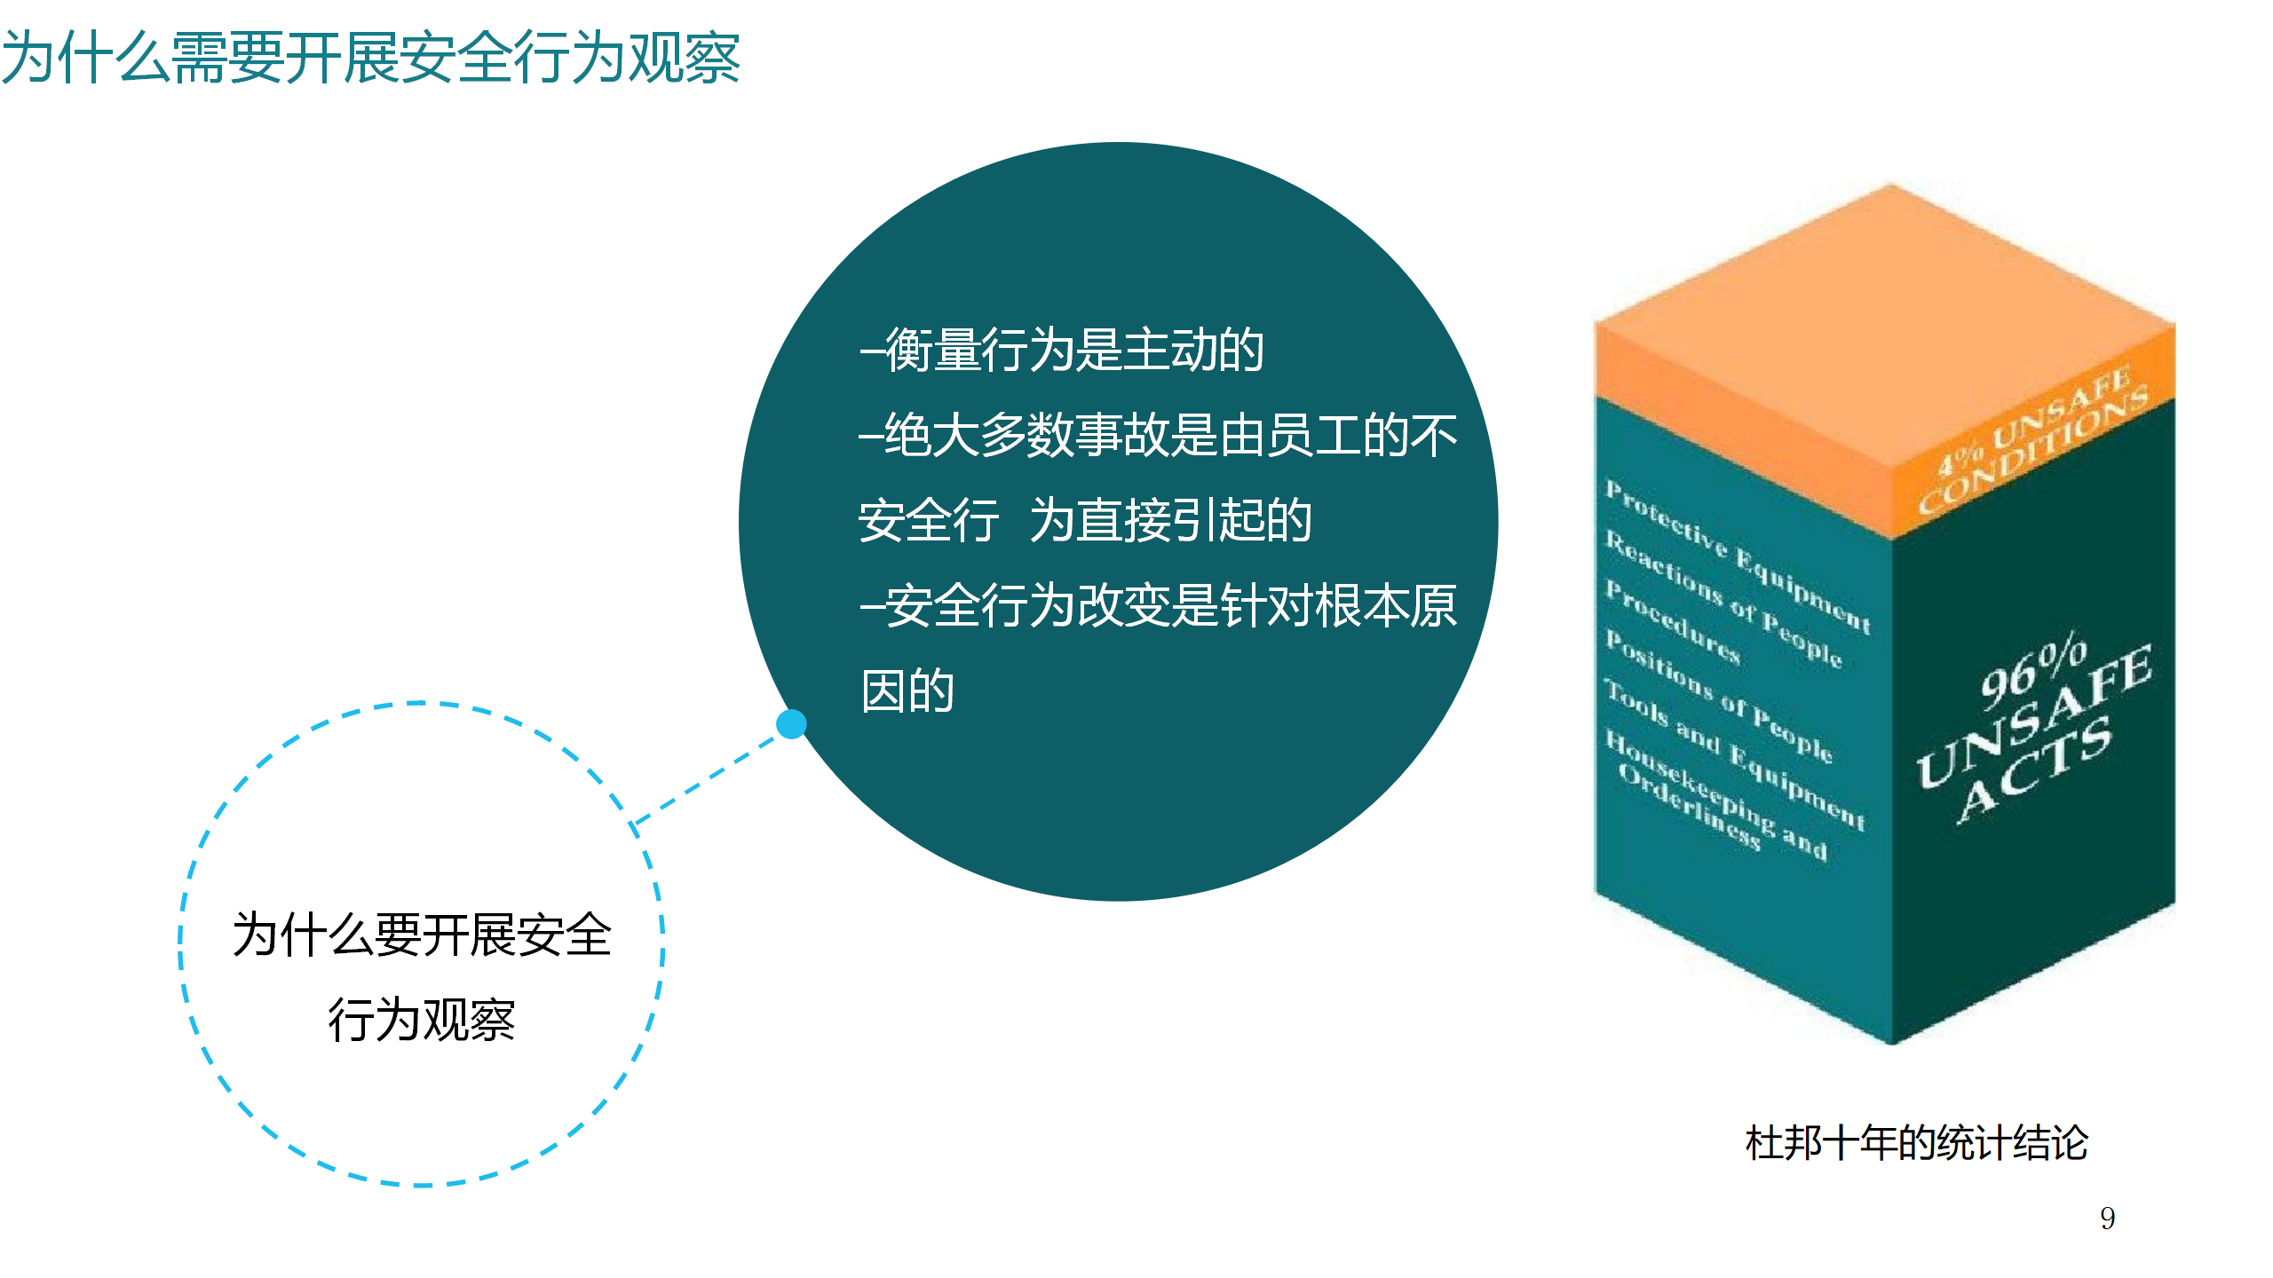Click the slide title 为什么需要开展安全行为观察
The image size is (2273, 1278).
coord(371,59)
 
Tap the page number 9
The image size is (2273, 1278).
coord(2107,1218)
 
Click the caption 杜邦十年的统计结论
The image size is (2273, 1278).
coord(1916,1143)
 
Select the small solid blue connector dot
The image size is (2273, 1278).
coord(791,724)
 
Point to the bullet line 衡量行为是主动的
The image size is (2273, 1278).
coord(1062,350)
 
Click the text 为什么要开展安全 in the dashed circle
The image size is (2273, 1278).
coord(422,935)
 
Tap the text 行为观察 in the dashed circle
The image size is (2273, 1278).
coord(422,1020)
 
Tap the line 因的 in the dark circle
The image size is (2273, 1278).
coord(907,691)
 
